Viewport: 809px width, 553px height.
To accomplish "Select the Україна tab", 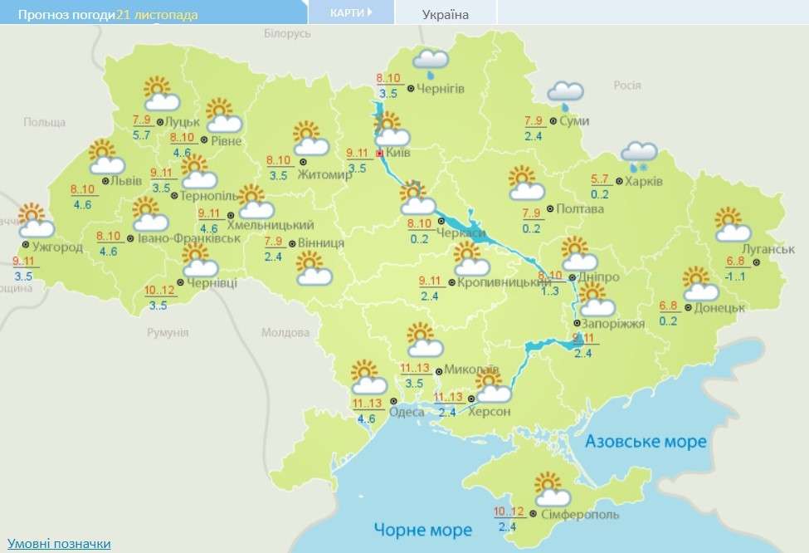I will coord(445,14).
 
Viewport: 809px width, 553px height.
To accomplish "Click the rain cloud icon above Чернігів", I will coord(431,61).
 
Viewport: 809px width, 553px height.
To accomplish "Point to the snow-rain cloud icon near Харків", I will coord(640,154).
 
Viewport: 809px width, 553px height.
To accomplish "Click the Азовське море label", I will coord(646,441).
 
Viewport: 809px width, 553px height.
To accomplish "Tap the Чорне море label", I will coord(422,529).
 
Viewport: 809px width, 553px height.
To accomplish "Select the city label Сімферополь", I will coord(578,515).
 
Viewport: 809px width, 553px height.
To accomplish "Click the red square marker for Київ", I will coord(380,154).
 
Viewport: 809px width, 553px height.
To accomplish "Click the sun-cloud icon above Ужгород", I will coord(35,220).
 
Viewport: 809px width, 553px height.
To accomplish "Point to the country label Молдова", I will coord(285,333).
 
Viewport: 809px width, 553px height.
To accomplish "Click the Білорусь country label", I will coord(286,33).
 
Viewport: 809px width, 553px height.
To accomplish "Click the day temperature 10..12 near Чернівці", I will coord(158,291).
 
